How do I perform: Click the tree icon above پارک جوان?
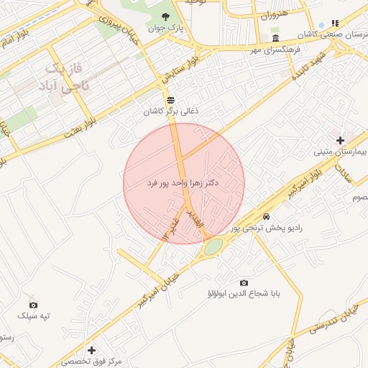tap(166, 17)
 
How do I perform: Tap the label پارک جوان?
tap(167, 29)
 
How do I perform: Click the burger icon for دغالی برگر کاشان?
tap(170, 100)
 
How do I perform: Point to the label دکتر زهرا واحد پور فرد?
tap(184, 184)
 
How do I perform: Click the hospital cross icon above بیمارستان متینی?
tap(340, 139)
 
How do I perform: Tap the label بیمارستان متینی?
tap(340, 152)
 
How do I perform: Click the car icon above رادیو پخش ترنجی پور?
tap(267, 216)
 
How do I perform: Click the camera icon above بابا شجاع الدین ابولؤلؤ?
tap(244, 283)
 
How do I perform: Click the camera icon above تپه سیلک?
tap(33, 305)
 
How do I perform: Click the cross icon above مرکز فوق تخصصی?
tap(91, 350)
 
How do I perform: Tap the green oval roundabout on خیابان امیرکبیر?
tap(213, 247)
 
